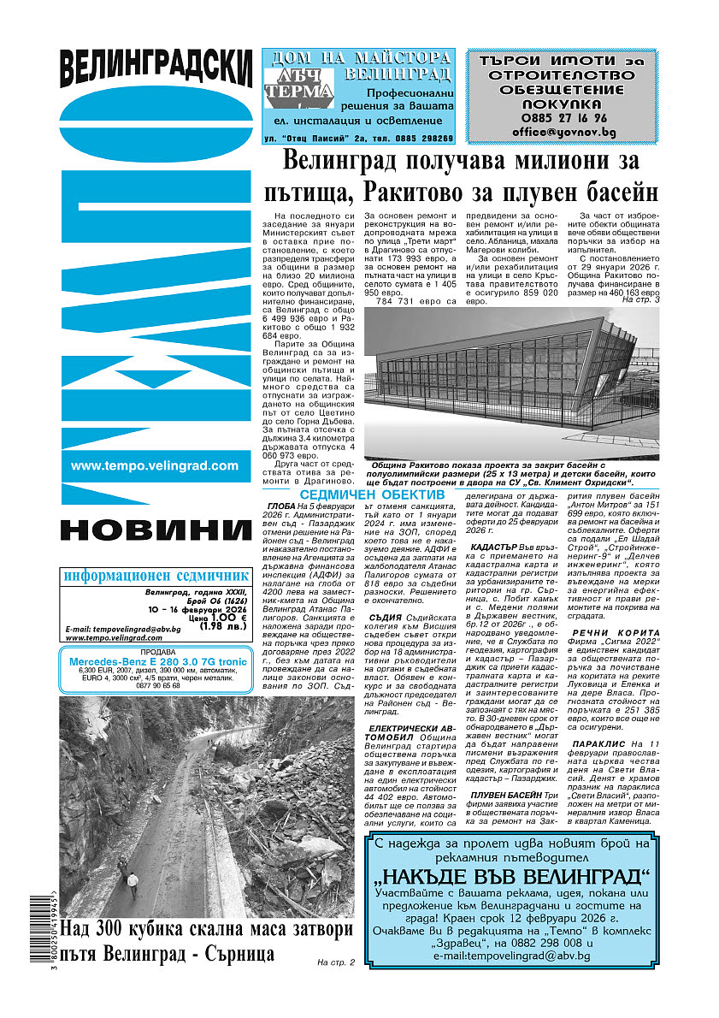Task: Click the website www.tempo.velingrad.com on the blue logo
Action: (155, 465)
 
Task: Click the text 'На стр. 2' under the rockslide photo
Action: (335, 963)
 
